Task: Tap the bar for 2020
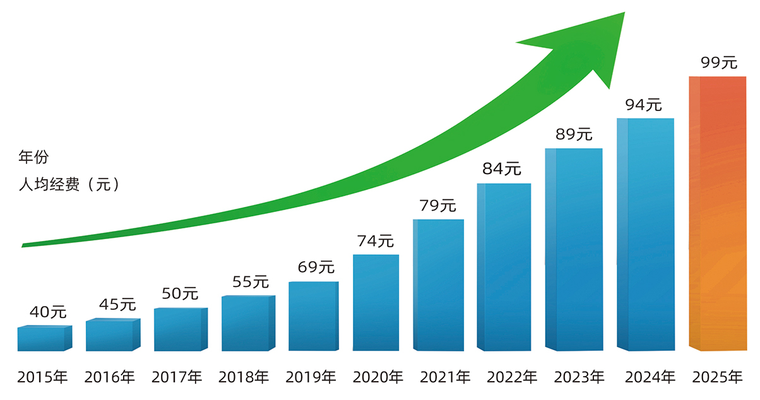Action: (x=376, y=302)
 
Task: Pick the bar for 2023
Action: (x=574, y=249)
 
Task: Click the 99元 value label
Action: (x=718, y=62)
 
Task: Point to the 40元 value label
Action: (x=48, y=312)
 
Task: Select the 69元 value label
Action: (x=316, y=267)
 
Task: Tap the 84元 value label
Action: (x=502, y=169)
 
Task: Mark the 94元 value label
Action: (x=643, y=105)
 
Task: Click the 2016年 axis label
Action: (x=110, y=378)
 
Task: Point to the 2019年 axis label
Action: (x=311, y=378)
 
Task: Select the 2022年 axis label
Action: (x=512, y=378)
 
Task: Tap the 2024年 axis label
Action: (x=650, y=378)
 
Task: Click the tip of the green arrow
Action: (x=623, y=14)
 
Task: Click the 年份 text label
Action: (x=33, y=157)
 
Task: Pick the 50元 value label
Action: (x=180, y=293)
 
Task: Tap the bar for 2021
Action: (x=439, y=285)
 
